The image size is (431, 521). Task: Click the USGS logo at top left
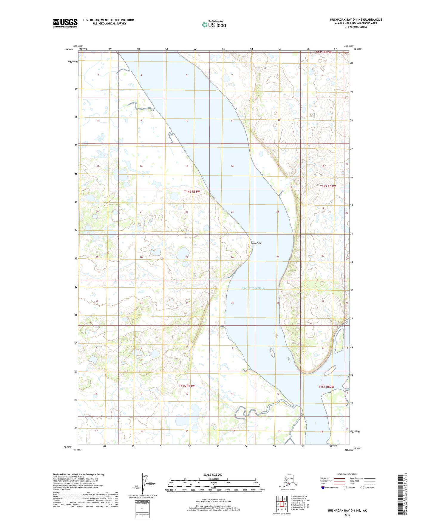(x=65, y=23)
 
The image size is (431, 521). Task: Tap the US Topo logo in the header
(x=214, y=24)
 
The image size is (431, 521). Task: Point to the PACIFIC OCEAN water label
(x=253, y=289)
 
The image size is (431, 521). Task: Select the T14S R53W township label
(x=192, y=192)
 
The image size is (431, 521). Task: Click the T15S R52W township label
(x=326, y=387)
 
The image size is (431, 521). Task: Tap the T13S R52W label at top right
(x=324, y=52)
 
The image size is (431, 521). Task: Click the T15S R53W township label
(x=187, y=386)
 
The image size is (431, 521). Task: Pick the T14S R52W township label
(x=328, y=186)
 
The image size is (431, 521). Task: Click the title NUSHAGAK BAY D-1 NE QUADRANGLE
(x=356, y=20)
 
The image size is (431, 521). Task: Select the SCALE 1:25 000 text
(x=213, y=474)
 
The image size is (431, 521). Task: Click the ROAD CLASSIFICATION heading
(x=347, y=474)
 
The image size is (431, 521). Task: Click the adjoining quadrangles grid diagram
(x=282, y=503)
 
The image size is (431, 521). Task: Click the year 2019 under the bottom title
(x=347, y=515)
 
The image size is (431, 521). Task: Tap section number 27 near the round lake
(x=187, y=257)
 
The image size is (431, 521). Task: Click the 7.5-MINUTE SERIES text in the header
(x=356, y=27)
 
